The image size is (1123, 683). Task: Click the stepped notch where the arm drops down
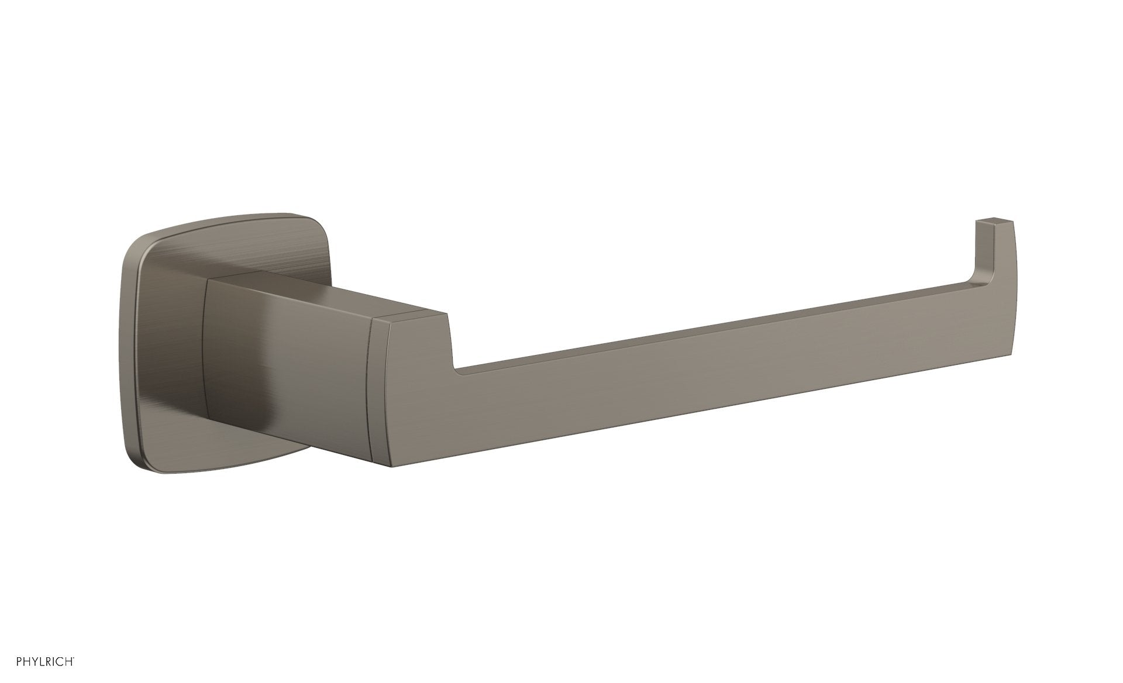[453, 345]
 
